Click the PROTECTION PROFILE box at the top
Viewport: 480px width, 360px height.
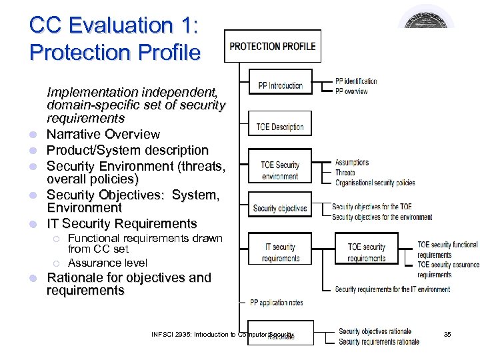click(x=273, y=47)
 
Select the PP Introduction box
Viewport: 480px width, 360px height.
click(x=280, y=85)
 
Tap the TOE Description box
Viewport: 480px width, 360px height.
click(x=280, y=127)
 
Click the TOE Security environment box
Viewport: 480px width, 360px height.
click(x=280, y=170)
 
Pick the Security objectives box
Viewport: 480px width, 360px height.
click(x=280, y=209)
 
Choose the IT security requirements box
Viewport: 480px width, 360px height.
click(x=280, y=252)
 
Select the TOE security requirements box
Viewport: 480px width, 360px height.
click(x=367, y=252)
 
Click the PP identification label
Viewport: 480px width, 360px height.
click(x=356, y=81)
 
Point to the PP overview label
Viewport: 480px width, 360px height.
click(x=351, y=91)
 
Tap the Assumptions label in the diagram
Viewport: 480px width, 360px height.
click(x=352, y=163)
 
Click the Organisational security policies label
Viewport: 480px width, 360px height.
click(x=375, y=183)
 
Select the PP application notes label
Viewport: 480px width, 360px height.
click(x=276, y=303)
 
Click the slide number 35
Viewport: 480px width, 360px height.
click(x=447, y=334)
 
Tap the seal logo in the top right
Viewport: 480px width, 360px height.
click(x=427, y=17)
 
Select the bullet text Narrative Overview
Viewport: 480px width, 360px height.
click(x=103, y=135)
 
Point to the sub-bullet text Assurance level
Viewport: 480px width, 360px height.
click(x=107, y=263)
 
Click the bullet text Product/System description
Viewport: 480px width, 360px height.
click(x=127, y=151)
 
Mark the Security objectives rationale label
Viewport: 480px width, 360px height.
click(x=375, y=331)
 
